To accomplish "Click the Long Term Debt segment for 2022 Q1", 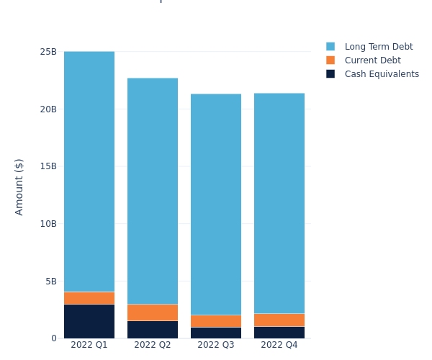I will [89, 171].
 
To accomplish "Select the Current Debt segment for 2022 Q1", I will [89, 298].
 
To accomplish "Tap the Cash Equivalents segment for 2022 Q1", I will [89, 321].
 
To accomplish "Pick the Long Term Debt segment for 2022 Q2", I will [153, 191].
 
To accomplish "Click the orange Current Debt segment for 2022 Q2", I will [153, 312].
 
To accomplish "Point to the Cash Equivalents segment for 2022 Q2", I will [153, 330].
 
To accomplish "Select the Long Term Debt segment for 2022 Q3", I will [216, 204].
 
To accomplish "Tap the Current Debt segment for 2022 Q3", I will [216, 321].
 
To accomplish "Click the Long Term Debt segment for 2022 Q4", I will [279, 203].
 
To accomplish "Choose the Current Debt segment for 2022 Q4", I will [279, 320].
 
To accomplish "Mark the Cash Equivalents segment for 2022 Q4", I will [279, 333].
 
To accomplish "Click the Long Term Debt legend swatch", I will [330, 47].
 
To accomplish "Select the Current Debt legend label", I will [372, 60].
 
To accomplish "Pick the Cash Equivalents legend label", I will [382, 74].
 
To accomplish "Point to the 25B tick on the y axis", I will [48, 52].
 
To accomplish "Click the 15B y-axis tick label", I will [48, 166].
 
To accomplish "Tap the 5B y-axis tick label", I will [50, 282].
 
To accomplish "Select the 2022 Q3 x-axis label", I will [216, 345].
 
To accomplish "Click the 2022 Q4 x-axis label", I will [279, 345].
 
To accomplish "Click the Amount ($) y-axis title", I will [19, 186].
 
